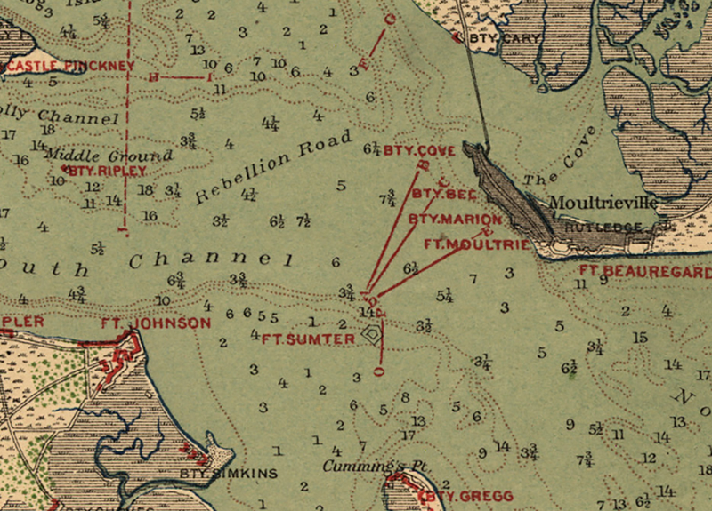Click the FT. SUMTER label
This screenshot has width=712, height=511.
click(308, 339)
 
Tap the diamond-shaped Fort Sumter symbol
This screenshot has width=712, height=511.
click(372, 335)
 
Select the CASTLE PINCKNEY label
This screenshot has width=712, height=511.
click(70, 66)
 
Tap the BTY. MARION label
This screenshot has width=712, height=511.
click(455, 219)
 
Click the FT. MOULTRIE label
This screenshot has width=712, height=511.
click(476, 244)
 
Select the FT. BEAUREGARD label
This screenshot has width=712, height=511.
click(644, 271)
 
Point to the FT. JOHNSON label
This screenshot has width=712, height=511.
click(156, 323)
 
